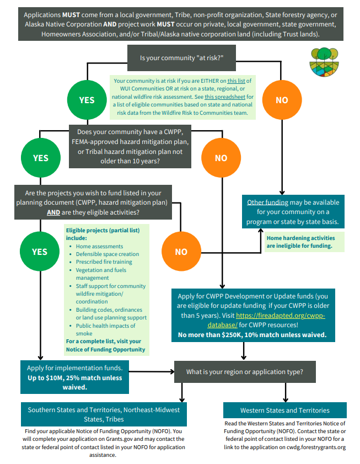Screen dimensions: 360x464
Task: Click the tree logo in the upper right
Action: click(x=324, y=62)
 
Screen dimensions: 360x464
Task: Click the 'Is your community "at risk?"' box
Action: click(x=181, y=58)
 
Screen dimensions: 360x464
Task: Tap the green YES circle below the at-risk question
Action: click(x=87, y=100)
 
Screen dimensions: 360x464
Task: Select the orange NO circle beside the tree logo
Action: click(x=282, y=100)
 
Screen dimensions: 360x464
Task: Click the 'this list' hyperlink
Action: click(x=237, y=81)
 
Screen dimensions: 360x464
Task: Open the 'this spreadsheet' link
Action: click(x=225, y=97)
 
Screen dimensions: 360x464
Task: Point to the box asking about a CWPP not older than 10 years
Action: click(x=130, y=146)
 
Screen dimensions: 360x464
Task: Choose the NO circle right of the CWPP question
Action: click(x=221, y=158)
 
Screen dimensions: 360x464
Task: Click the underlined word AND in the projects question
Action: click(x=53, y=212)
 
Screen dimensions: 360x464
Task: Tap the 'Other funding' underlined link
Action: click(x=267, y=202)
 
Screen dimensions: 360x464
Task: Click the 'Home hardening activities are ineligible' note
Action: click(x=301, y=242)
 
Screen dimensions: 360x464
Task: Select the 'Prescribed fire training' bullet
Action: click(x=104, y=262)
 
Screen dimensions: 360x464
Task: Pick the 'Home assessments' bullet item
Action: click(x=99, y=246)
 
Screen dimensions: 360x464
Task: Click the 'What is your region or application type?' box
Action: click(x=245, y=372)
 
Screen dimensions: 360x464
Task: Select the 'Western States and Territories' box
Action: click(x=285, y=410)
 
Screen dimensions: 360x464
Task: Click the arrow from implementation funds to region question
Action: click(x=152, y=372)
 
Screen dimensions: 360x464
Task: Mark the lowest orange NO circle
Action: click(x=181, y=252)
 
